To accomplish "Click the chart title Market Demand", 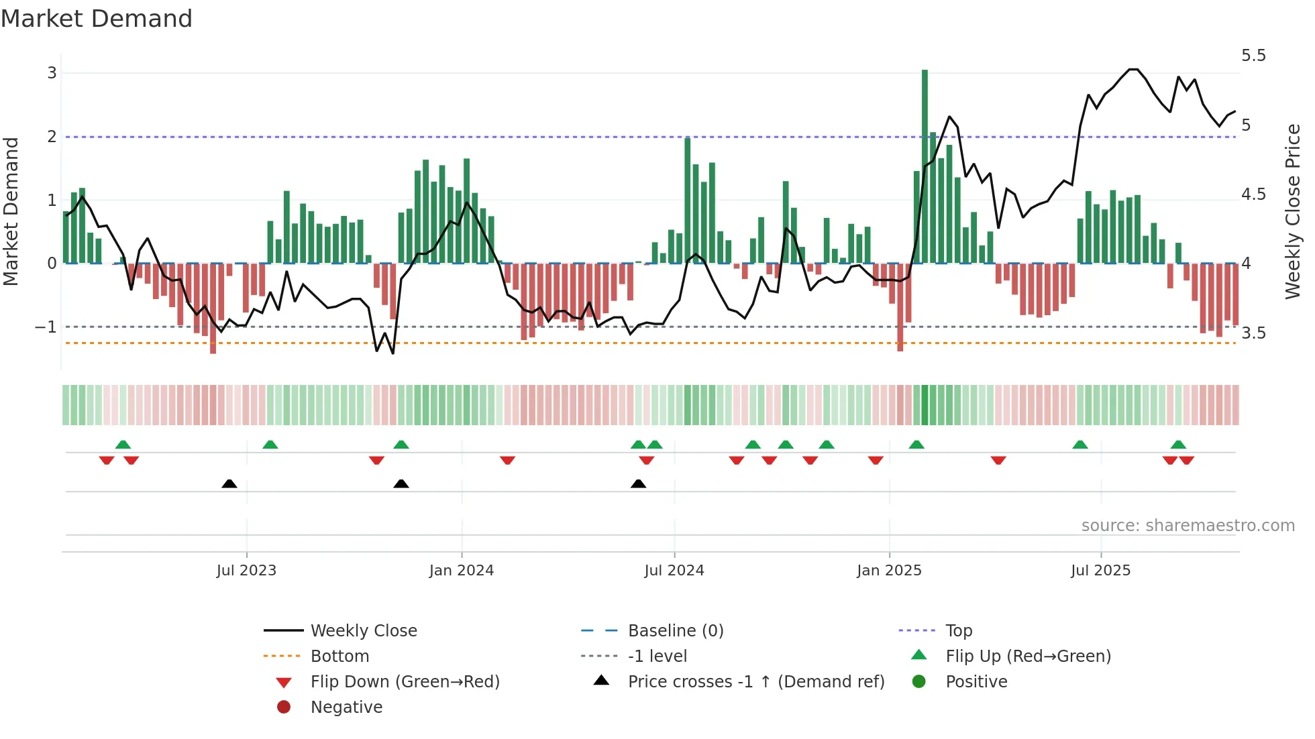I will pos(97,19).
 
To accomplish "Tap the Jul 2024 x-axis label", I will pos(674,570).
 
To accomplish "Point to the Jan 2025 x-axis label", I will pos(889,570).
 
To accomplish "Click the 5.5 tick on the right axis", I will pos(1253,56).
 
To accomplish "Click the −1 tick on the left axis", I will pos(46,327).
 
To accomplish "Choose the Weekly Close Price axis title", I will pos(1292,211).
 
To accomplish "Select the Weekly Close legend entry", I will pos(363,630).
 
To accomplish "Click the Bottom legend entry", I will pos(339,656).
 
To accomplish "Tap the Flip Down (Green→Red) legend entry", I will pos(405,681).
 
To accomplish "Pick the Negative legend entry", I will pos(346,707).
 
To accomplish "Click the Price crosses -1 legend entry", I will pos(755,681).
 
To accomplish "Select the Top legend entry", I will pos(958,630).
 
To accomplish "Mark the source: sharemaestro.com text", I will pos(1188,525).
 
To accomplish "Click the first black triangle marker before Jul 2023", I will pos(229,484).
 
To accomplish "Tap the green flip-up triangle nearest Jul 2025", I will pos(1080,445).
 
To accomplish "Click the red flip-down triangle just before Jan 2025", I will pos(875,460).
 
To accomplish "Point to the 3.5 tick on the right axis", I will pos(1253,333).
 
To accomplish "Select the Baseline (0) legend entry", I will pos(675,630).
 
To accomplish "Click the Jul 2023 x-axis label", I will pos(246,570).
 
